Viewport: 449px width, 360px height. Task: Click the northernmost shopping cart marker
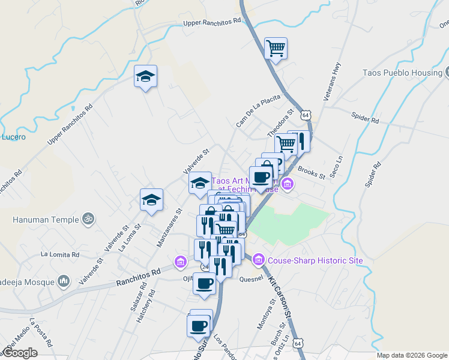276,48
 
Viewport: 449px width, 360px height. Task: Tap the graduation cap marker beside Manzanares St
152,199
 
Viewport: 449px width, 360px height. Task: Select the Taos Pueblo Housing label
402,73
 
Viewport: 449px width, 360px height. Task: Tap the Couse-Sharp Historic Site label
315,260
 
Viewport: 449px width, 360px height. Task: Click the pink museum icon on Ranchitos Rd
180,262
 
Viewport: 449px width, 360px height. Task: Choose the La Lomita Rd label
60,254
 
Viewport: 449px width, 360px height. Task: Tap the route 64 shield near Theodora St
306,114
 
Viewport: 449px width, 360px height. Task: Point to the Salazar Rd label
133,293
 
